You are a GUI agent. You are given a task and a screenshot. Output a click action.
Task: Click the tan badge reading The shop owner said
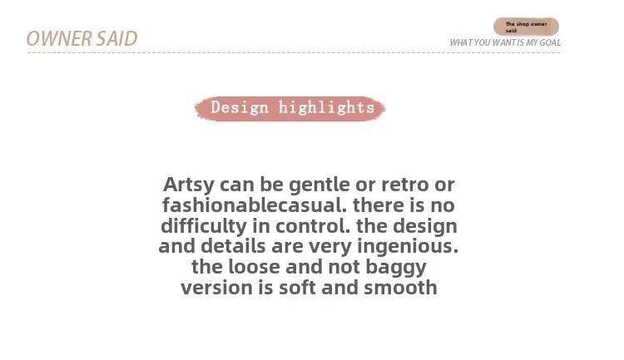pos(526,27)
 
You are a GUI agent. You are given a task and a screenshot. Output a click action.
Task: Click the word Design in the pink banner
pos(240,107)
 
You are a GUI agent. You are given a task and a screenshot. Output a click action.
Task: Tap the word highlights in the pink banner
pos(326,107)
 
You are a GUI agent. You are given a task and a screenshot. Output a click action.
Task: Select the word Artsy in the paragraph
pos(189,185)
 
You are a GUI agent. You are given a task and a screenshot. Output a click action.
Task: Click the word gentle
pos(319,185)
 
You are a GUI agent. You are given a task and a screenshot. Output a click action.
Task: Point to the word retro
pos(404,185)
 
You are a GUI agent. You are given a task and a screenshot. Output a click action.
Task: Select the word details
pos(233,246)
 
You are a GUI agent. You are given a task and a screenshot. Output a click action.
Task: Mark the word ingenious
pos(408,247)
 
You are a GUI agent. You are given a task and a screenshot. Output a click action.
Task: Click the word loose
pos(254,267)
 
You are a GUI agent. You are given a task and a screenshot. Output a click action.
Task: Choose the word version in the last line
pos(216,288)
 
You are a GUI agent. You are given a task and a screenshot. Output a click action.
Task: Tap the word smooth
pos(400,287)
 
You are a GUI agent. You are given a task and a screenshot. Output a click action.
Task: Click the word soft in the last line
pos(297,287)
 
